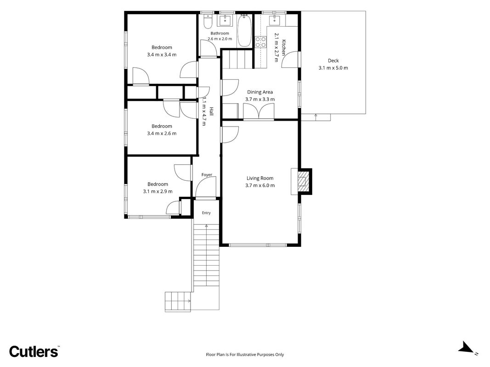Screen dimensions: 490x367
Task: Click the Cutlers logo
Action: coord(34,351)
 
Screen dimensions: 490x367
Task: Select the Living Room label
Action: coord(260,178)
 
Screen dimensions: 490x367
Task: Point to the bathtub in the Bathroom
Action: coord(244,31)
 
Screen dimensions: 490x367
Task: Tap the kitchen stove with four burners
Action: coord(260,42)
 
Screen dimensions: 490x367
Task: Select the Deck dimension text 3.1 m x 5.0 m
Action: coord(333,68)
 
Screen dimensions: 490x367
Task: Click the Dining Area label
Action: coord(260,92)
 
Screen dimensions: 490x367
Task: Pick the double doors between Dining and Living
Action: coord(259,111)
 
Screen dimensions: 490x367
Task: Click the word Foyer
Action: coord(207,175)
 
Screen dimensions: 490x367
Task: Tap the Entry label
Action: coord(206,213)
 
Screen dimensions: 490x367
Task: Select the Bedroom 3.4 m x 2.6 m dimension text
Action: coord(162,133)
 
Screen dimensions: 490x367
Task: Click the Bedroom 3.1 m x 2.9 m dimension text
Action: coord(158,191)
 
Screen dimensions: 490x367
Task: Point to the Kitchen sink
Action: coord(276,21)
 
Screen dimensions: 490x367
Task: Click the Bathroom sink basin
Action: coord(225,20)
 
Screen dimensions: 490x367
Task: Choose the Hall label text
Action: coord(212,111)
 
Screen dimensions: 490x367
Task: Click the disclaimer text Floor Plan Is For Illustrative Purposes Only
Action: coord(245,355)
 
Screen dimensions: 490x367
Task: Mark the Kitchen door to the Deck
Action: coord(291,60)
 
